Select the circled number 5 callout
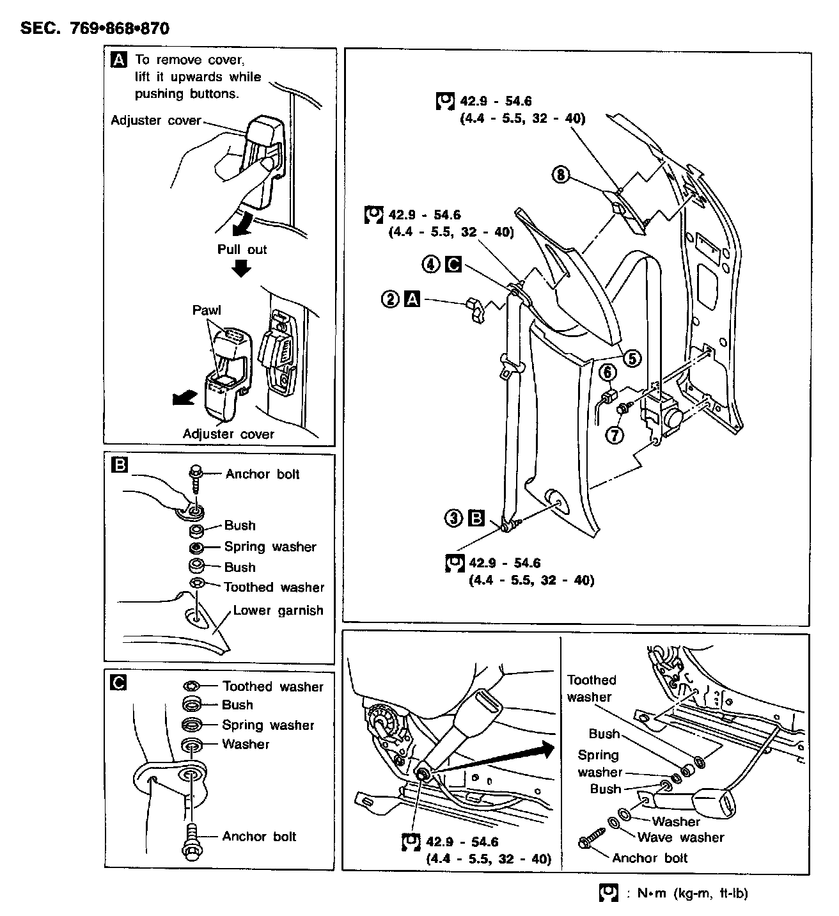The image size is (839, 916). point(632,358)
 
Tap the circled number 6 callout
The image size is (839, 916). point(607,372)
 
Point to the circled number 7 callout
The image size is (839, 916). point(614,435)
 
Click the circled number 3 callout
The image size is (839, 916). point(453,518)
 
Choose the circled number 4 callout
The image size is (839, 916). point(431,264)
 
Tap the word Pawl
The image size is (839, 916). point(207,310)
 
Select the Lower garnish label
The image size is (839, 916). point(278,610)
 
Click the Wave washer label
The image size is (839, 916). point(680,837)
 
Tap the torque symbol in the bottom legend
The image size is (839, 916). point(608,894)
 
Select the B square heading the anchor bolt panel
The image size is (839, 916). point(119,465)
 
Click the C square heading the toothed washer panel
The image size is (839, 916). point(118,683)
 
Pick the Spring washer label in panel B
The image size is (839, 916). point(270,547)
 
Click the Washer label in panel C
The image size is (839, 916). point(246,744)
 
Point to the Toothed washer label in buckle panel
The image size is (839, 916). point(592,688)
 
